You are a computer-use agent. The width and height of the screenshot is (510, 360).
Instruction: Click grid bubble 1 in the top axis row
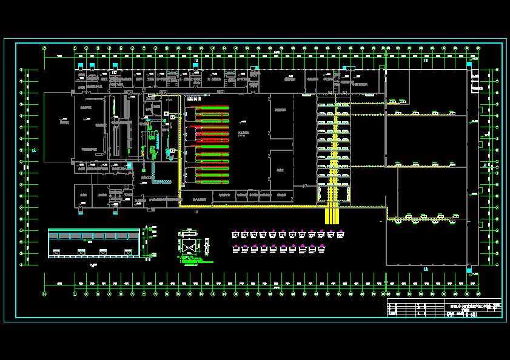[75, 48]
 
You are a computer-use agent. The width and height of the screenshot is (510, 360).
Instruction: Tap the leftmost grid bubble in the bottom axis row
[44, 294]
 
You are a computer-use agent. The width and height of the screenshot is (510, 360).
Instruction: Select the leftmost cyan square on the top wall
[80, 65]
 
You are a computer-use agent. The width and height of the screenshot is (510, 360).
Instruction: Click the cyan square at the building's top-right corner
[469, 64]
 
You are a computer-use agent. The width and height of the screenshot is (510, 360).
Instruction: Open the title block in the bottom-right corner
[445, 308]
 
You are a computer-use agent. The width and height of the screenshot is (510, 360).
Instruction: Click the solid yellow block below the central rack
[332, 215]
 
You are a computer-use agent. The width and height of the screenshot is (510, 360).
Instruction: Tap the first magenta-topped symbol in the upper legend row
[235, 234]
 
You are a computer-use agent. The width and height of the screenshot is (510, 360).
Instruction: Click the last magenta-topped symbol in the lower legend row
[322, 248]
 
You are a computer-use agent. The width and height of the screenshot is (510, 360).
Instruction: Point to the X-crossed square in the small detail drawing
[189, 247]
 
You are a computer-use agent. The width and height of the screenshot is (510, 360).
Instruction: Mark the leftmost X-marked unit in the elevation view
[56, 251]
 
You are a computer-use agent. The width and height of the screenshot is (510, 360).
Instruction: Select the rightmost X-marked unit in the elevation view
[128, 251]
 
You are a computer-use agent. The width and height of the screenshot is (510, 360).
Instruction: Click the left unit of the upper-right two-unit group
[394, 101]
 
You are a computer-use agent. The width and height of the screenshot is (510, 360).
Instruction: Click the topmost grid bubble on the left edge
[22, 70]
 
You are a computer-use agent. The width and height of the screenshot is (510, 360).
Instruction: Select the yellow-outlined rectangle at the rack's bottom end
[334, 194]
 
